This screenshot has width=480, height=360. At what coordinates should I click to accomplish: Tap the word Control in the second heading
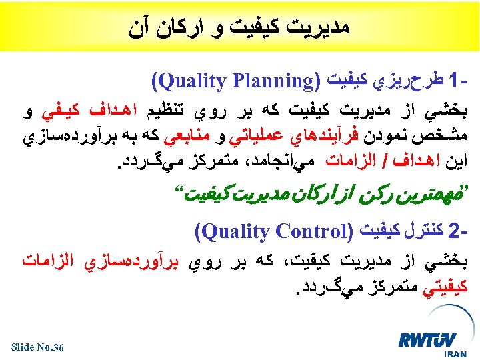point(309,232)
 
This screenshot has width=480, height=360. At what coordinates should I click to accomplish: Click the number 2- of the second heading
point(461,232)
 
